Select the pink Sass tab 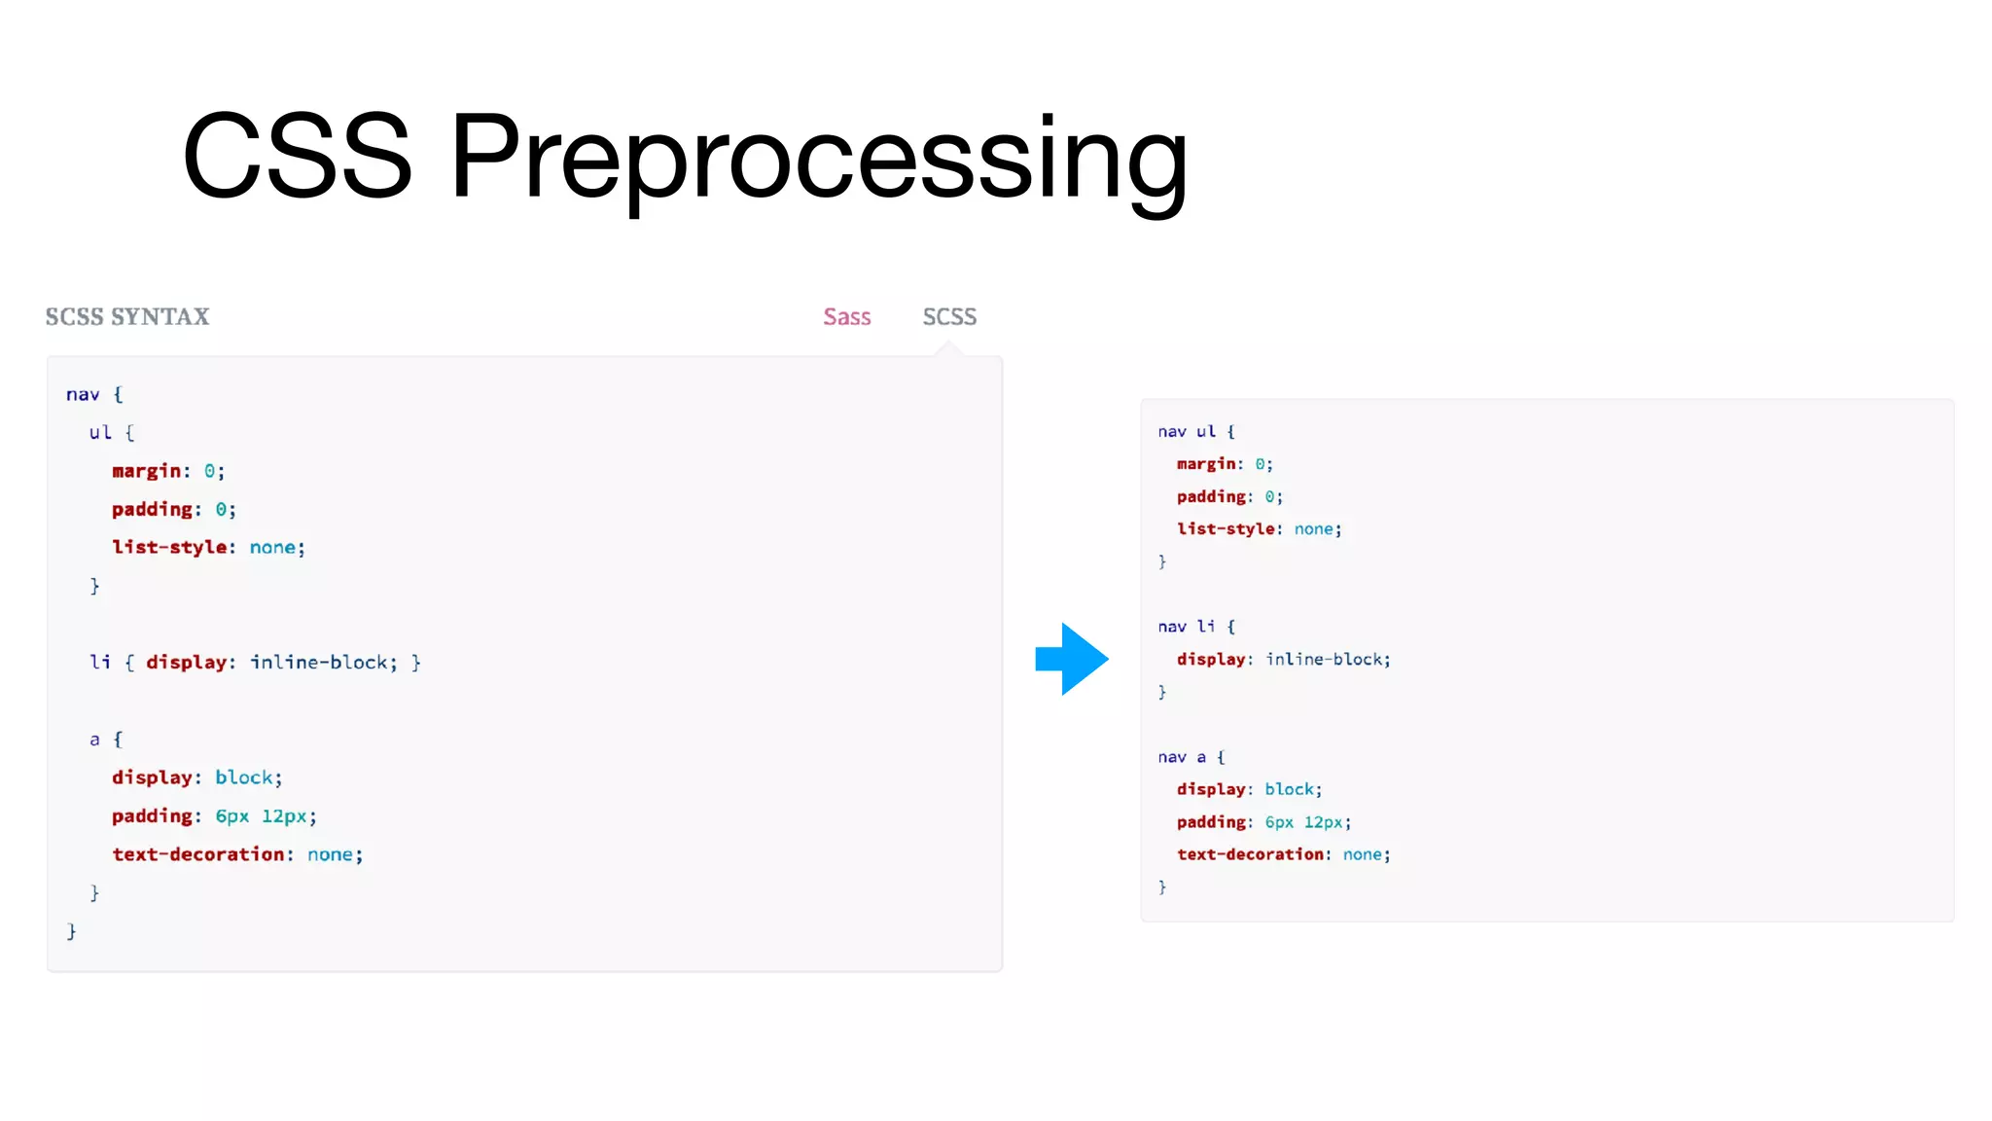coord(846,317)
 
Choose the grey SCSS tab coord(949,317)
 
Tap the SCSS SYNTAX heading coord(127,317)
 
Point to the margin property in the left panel coord(146,471)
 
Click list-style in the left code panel coord(169,548)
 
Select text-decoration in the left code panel coord(197,854)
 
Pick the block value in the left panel coord(243,777)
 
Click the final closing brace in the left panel coord(71,931)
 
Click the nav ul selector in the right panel coord(1187,431)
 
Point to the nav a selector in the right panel coord(1182,757)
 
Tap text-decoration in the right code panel coord(1250,854)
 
